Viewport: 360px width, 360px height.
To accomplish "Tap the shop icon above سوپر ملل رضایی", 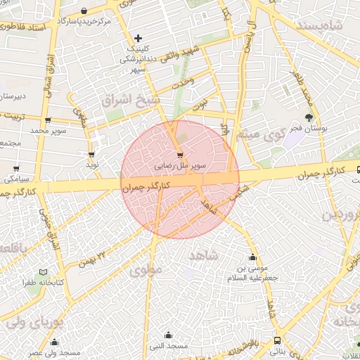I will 181,155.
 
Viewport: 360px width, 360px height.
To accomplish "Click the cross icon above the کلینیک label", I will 138,37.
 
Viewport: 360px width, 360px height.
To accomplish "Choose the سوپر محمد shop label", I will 48,131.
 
